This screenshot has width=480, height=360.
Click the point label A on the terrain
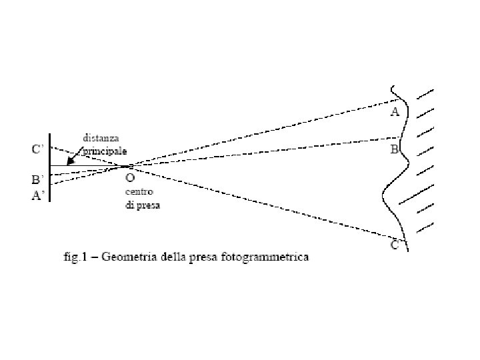coord(395,112)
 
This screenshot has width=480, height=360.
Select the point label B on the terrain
coord(394,149)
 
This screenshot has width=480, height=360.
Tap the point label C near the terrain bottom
coord(395,245)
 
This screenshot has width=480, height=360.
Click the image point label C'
coord(39,149)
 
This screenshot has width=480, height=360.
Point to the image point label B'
coord(39,179)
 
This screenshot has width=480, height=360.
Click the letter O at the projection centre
coord(130,178)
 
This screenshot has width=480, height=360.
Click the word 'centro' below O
coord(140,192)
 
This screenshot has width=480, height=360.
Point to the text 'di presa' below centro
coord(143,205)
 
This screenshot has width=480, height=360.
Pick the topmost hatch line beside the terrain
coord(425,94)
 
